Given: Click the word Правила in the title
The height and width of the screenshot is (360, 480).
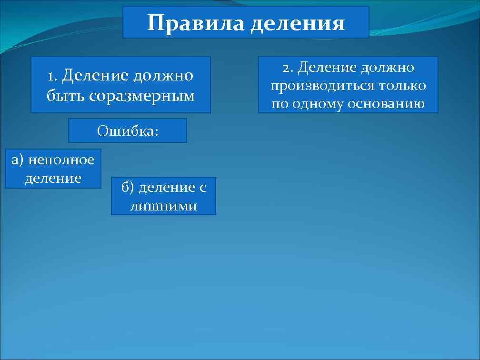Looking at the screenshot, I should pyautogui.click(x=195, y=23).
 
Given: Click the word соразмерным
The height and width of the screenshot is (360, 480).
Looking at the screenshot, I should pyautogui.click(x=142, y=96).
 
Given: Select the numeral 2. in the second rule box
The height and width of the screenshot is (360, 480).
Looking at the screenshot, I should pyautogui.click(x=288, y=68).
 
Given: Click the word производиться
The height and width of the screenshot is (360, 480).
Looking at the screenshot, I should pyautogui.click(x=322, y=86).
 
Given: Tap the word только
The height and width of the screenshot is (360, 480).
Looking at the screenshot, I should pyautogui.click(x=403, y=86).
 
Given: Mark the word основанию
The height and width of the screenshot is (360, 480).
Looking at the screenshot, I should pyautogui.click(x=386, y=104).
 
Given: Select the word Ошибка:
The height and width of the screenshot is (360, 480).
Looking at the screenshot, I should pyautogui.click(x=127, y=131).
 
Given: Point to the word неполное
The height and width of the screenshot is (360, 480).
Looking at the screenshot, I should pyautogui.click(x=61, y=160).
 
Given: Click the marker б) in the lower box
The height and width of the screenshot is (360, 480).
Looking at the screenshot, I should pyautogui.click(x=128, y=188).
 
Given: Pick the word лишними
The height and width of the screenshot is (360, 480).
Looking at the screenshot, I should pyautogui.click(x=163, y=206).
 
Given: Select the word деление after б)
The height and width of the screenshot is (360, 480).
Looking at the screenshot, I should pyautogui.click(x=164, y=188).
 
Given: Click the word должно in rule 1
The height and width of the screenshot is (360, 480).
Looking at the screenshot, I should pyautogui.click(x=163, y=75).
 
